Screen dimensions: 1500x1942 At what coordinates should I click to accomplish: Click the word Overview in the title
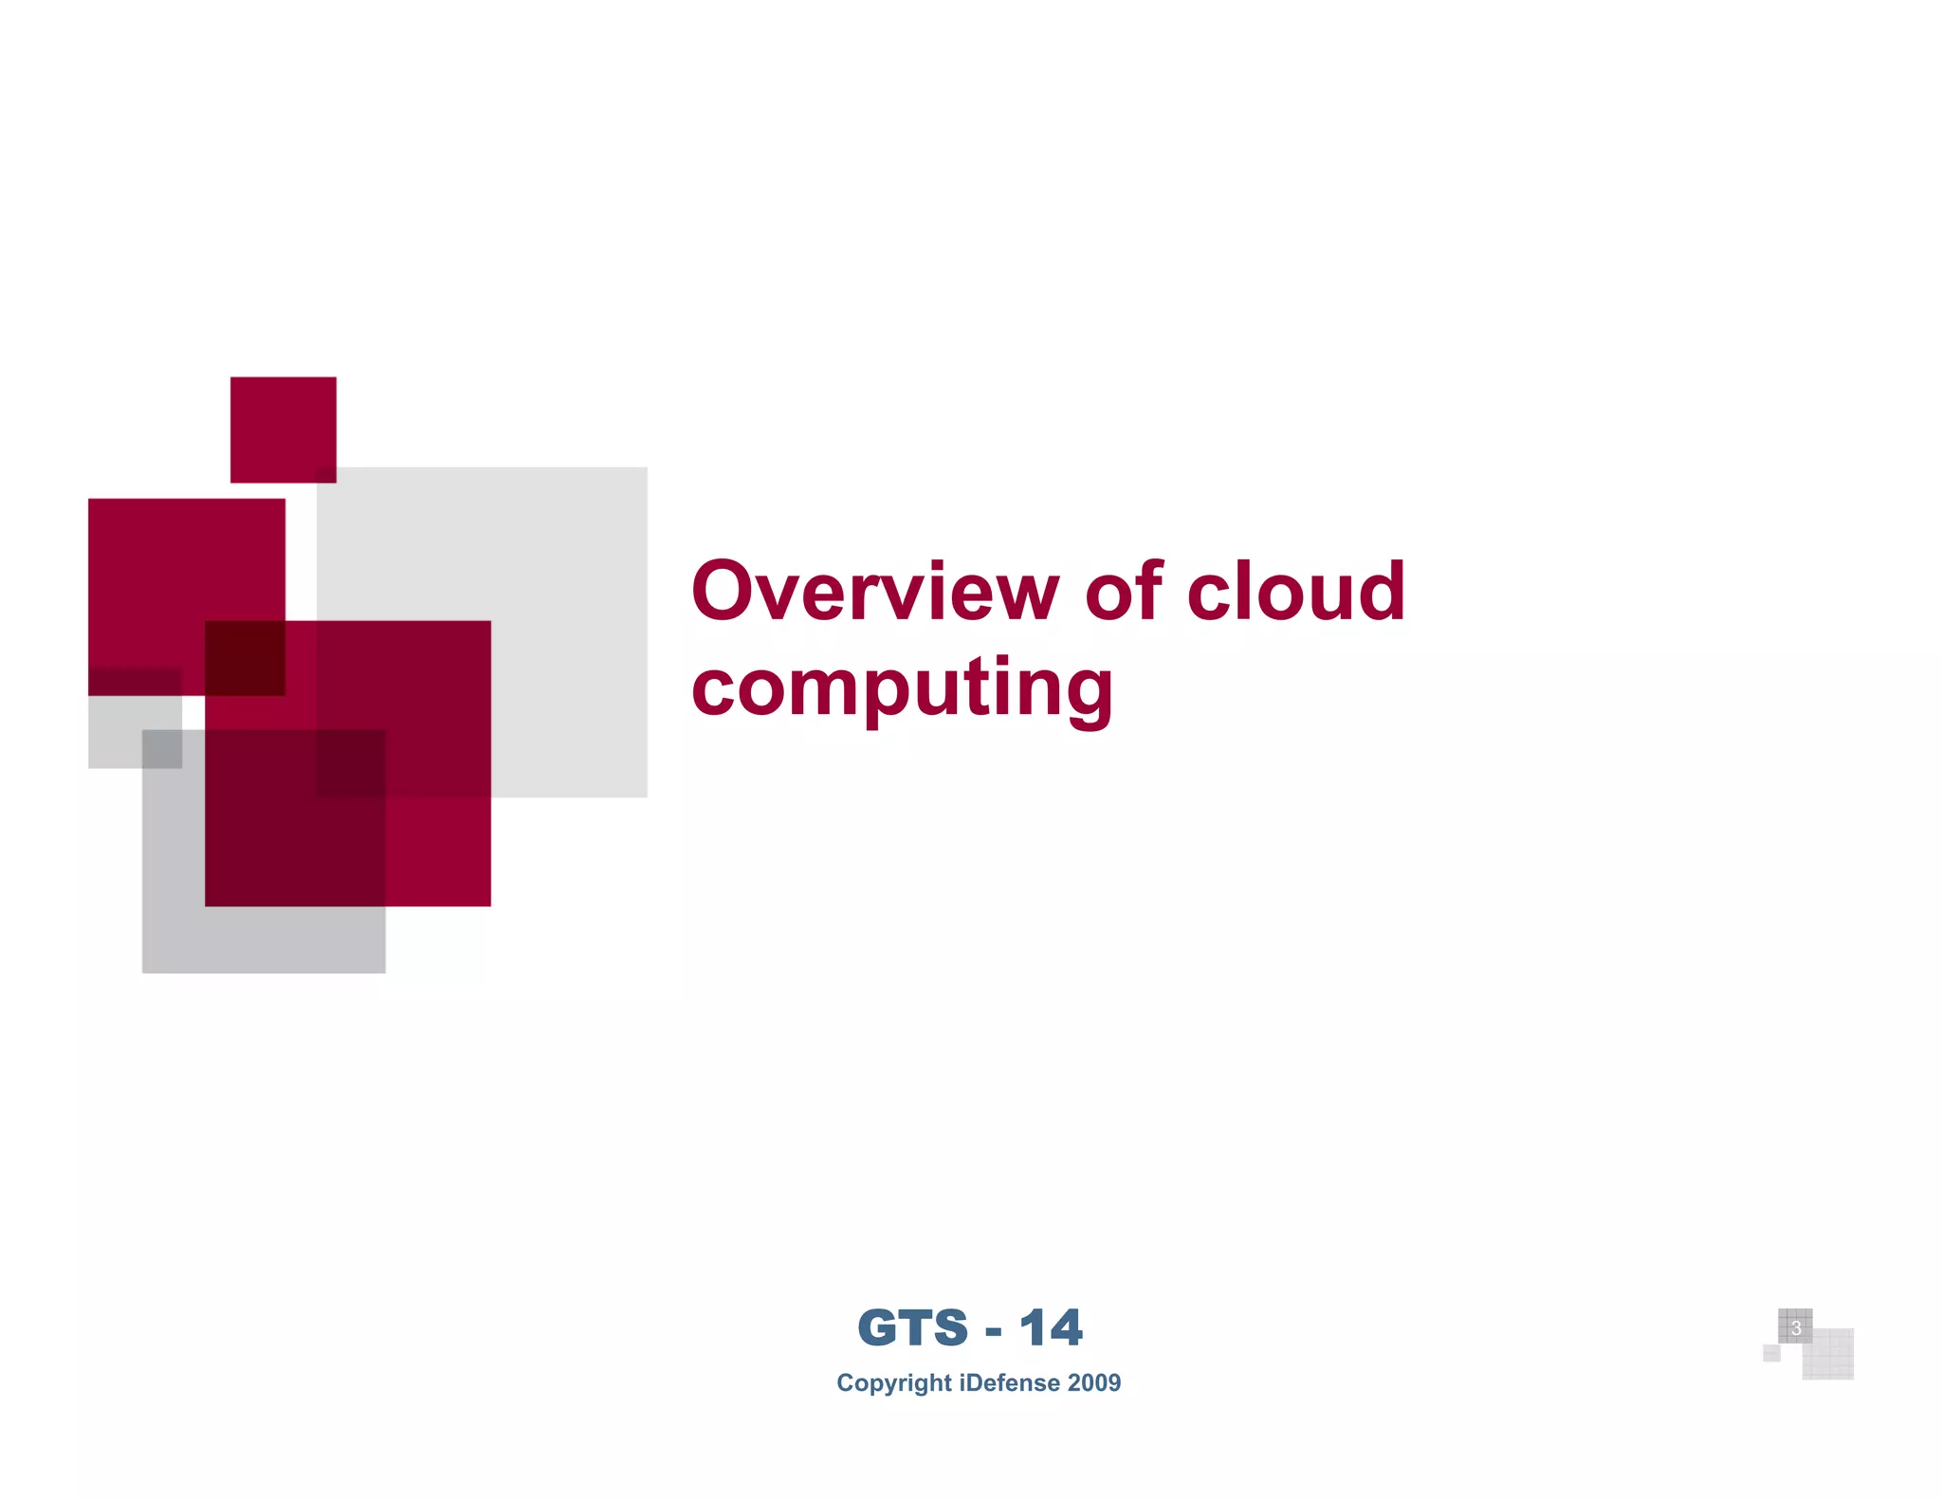[874, 592]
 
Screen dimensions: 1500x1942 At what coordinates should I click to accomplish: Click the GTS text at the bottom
[912, 1327]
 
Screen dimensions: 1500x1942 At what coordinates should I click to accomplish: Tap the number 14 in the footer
[1051, 1327]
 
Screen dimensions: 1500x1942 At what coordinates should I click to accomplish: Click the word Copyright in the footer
[893, 1382]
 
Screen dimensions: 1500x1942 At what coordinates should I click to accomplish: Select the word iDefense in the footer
[1010, 1382]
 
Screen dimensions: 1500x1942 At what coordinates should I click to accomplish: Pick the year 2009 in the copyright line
[1094, 1382]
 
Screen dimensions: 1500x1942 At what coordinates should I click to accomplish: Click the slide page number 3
[1795, 1328]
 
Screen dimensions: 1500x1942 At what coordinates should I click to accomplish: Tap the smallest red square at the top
[283, 429]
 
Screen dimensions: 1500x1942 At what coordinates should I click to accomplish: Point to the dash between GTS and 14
[994, 1331]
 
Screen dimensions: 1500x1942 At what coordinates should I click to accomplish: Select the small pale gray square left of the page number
[1771, 1353]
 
